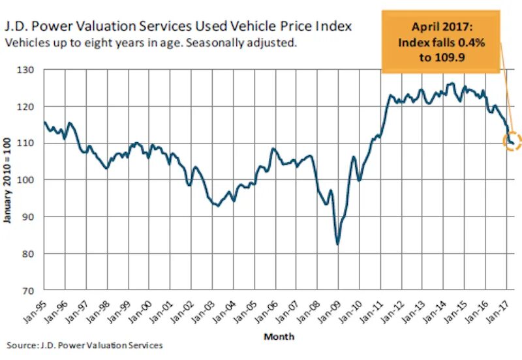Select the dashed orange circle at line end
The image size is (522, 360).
[x=512, y=142]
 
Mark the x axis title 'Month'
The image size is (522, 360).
[x=279, y=337]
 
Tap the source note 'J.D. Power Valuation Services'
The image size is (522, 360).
[x=85, y=345]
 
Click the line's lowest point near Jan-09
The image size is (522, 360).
[x=337, y=245]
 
